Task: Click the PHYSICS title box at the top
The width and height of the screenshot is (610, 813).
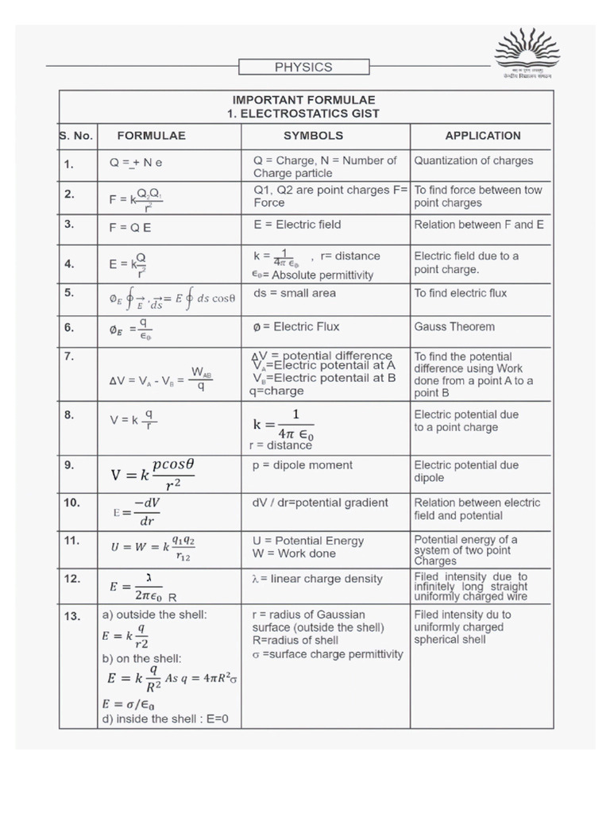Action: click(303, 67)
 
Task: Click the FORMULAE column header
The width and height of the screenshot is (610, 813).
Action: click(151, 136)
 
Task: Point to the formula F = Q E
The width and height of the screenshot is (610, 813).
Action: click(130, 226)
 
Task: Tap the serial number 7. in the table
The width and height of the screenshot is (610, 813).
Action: click(69, 357)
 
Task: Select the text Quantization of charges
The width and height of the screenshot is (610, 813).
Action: click(473, 160)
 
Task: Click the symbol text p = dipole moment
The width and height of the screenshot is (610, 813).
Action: click(303, 465)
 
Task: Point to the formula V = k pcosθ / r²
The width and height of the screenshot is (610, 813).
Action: click(152, 475)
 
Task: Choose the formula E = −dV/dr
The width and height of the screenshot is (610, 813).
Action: click(137, 512)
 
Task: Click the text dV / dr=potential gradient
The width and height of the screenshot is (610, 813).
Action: click(320, 503)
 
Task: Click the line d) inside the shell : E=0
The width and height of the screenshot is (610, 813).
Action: click(164, 719)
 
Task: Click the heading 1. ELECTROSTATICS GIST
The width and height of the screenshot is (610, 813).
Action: click(304, 114)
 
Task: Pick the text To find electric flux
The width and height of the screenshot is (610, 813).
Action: click(461, 293)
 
